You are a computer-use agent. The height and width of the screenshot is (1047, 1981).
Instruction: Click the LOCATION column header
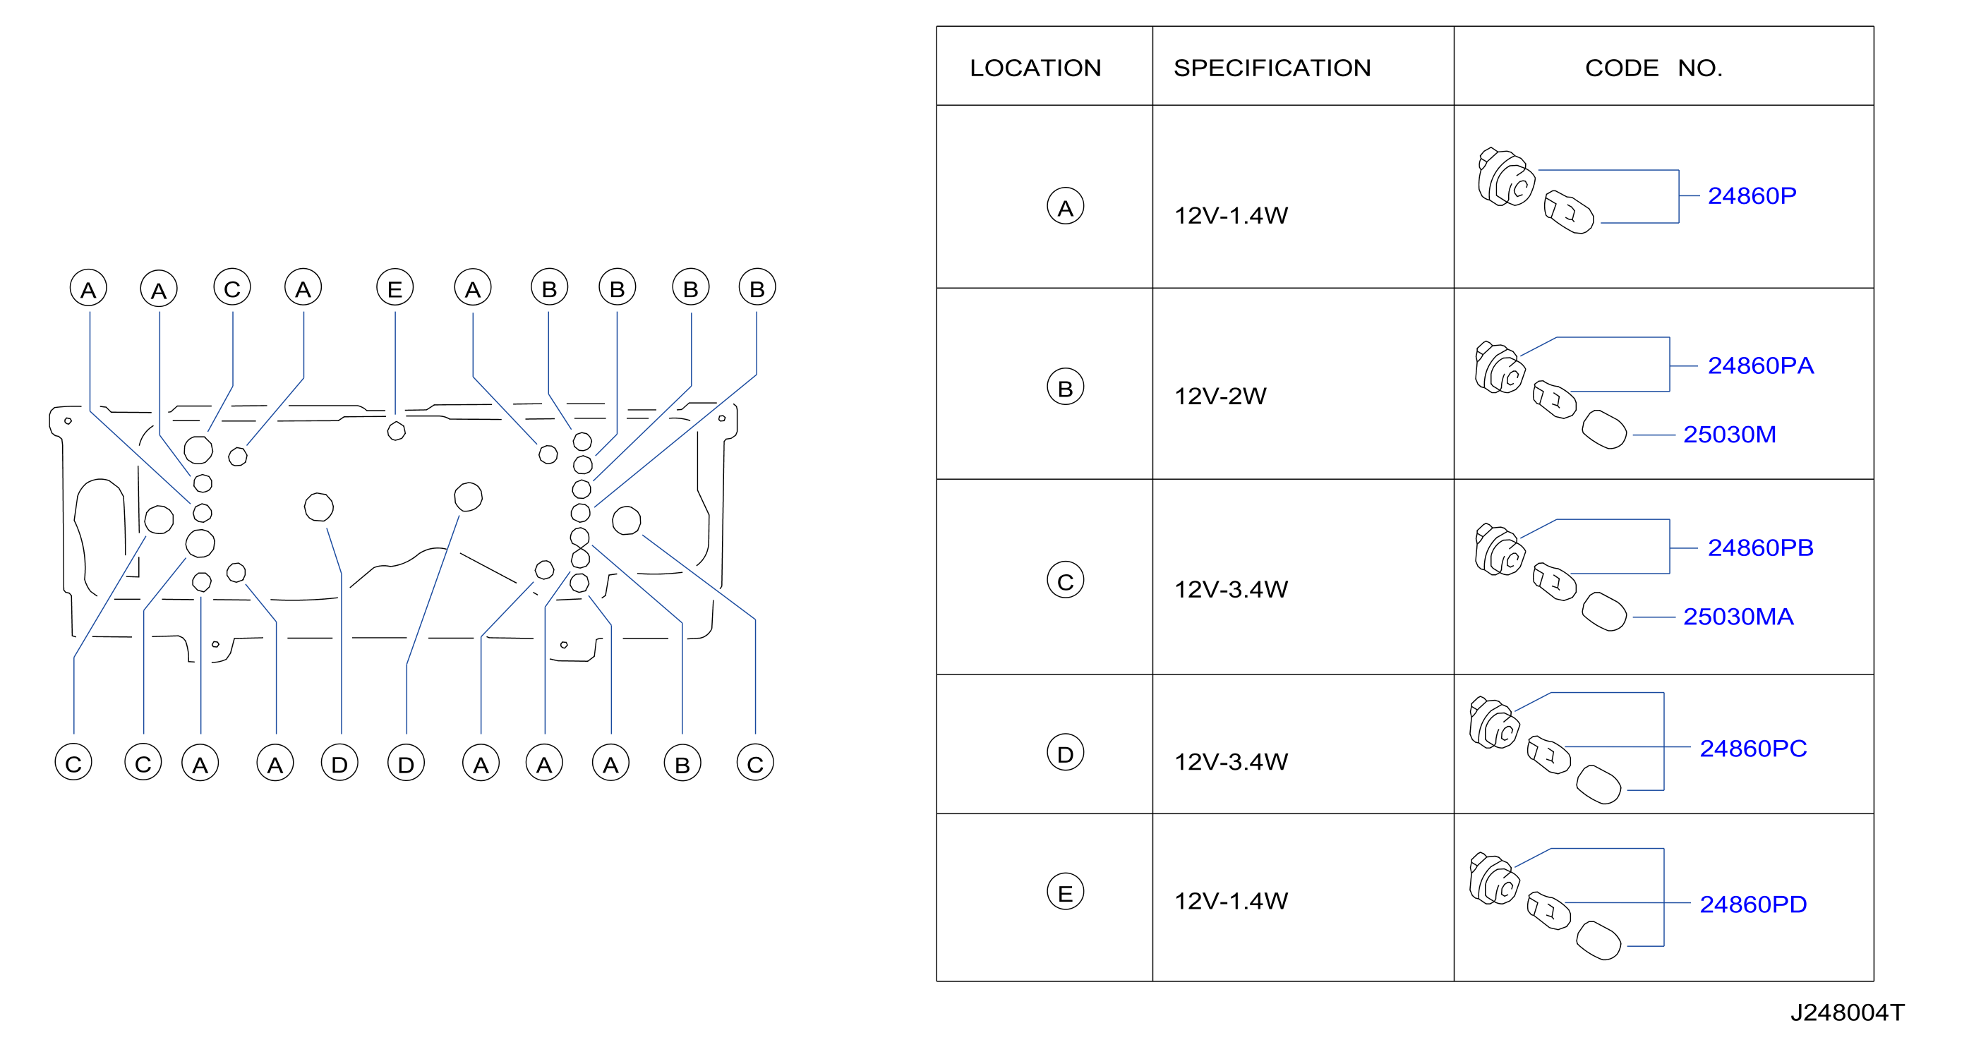click(x=1035, y=68)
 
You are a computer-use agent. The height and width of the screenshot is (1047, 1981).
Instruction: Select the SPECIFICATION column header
click(x=1272, y=68)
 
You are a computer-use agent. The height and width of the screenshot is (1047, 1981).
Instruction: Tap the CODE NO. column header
click(x=1654, y=68)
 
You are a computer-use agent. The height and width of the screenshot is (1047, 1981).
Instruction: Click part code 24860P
click(x=1752, y=195)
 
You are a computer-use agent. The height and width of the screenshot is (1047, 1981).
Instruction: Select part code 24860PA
click(x=1760, y=365)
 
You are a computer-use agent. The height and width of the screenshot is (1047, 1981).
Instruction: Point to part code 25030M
click(x=1730, y=435)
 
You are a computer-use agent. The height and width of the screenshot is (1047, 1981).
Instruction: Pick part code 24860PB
click(x=1760, y=547)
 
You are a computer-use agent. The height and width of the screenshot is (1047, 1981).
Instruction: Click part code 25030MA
click(x=1738, y=617)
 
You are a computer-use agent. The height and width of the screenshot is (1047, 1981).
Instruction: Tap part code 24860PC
click(x=1752, y=748)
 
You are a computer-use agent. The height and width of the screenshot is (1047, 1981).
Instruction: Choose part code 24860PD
click(x=1752, y=904)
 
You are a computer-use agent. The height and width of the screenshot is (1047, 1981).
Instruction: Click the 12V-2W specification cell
click(x=1220, y=396)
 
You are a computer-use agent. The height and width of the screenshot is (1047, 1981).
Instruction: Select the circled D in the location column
click(x=1065, y=754)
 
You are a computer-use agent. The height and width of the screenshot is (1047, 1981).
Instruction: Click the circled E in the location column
click(x=1065, y=892)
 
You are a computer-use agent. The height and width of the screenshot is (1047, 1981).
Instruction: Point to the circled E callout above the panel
click(x=395, y=289)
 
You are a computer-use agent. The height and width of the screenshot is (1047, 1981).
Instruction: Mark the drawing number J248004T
click(x=1847, y=1012)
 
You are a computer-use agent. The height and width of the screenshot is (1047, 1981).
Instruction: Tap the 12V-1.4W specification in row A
click(x=1230, y=215)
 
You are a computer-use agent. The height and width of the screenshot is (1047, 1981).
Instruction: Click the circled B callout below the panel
click(x=682, y=763)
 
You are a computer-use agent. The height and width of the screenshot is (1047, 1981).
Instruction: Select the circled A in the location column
click(x=1065, y=207)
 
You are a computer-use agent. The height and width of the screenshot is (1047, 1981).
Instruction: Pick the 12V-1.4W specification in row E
click(x=1230, y=900)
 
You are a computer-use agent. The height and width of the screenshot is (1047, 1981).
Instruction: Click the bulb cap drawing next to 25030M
click(x=1604, y=429)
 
